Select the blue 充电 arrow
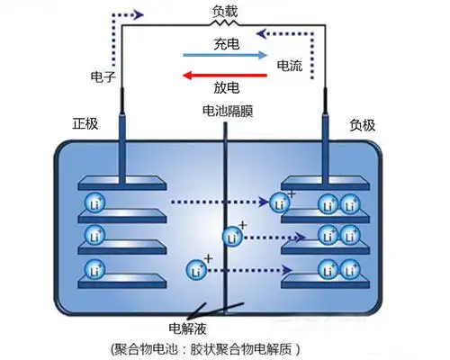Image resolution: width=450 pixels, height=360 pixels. click(224, 56)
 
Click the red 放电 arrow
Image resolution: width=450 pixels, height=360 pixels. click(224, 76)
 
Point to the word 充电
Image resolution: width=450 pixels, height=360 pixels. click(225, 43)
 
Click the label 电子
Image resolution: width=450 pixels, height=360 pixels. click(103, 77)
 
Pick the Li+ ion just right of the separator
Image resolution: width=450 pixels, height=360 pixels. click(232, 238)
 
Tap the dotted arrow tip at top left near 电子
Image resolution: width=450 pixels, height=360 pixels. click(140, 14)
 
